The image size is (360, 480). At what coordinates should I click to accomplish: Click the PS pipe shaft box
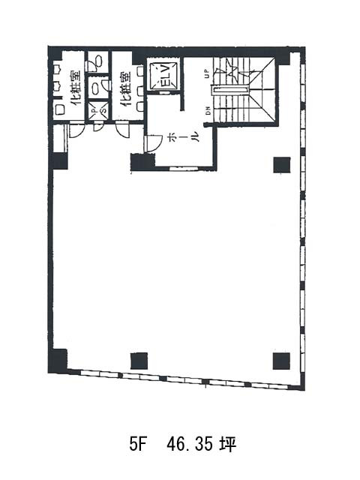[x=98, y=111]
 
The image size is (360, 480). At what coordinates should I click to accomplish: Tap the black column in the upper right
[x=282, y=164]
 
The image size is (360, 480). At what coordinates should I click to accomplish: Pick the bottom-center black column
[x=139, y=360]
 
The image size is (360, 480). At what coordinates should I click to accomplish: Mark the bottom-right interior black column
[x=281, y=361]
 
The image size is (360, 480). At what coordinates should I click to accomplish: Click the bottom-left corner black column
[x=58, y=360]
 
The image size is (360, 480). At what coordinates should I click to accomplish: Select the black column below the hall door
[x=140, y=162]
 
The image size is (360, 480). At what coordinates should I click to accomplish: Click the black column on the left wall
[x=59, y=160]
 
